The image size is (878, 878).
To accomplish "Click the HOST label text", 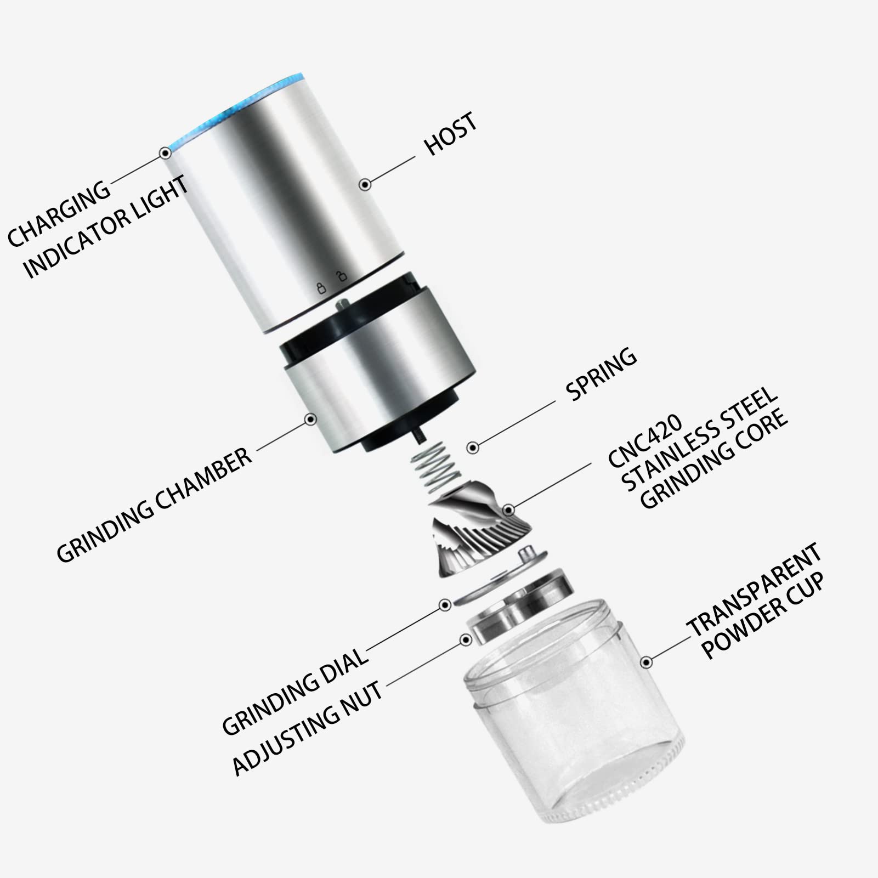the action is [450, 134].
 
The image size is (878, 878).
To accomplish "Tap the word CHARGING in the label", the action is [58, 212].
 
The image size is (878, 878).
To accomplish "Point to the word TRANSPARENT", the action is [755, 590].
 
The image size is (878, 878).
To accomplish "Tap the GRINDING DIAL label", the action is [294, 690].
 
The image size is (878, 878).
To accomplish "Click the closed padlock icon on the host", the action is [321, 288].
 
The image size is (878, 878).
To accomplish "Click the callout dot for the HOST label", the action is [365, 184].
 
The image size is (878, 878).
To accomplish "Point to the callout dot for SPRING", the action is [473, 448].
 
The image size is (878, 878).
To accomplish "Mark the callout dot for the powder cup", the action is [647, 662].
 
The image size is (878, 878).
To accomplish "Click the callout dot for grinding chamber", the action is [311, 420].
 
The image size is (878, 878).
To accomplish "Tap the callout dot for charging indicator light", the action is [165, 153].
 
